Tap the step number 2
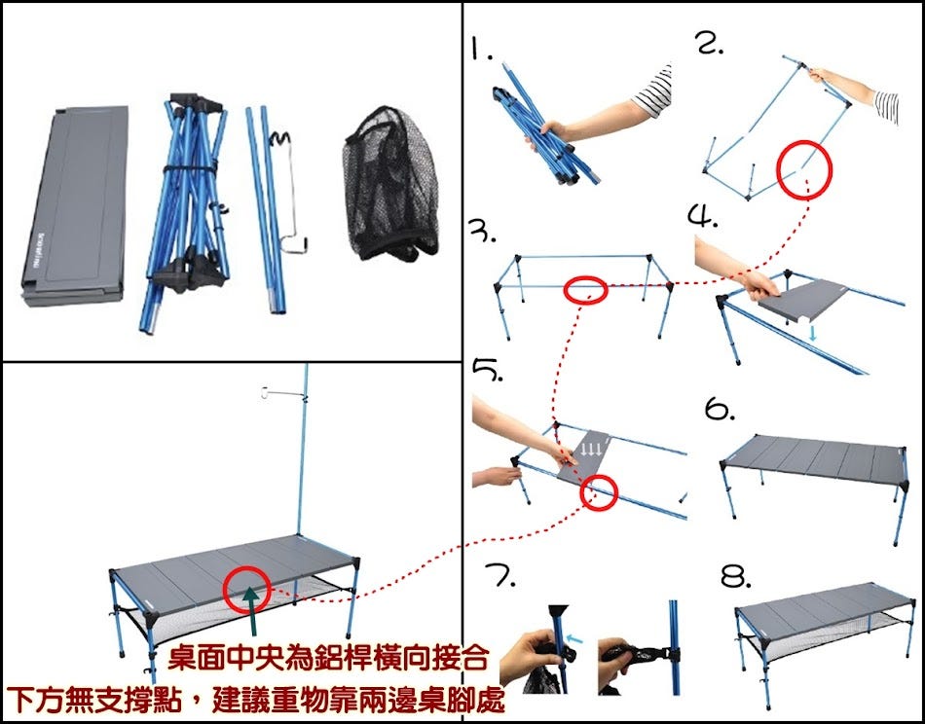[710, 43]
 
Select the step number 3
[481, 232]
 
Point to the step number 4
[703, 216]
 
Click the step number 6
[720, 409]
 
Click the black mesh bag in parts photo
[389, 184]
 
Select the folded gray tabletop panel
[76, 204]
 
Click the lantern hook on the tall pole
[283, 393]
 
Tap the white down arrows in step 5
[591, 450]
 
